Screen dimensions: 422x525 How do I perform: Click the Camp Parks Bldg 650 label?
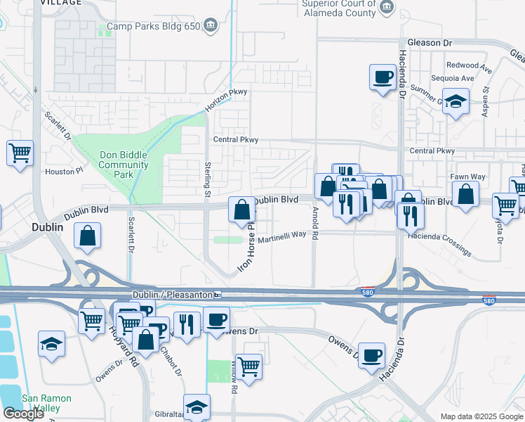coord(149,29)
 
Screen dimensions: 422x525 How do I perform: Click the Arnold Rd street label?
coord(314,223)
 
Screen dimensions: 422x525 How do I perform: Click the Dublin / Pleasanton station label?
coord(173,295)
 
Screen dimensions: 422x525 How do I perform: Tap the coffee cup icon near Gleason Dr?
coord(383,77)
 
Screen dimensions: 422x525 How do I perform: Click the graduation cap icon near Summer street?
coord(456,103)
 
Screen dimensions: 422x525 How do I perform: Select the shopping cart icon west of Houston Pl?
coord(20,153)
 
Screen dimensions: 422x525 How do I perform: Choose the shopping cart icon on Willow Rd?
coord(248,365)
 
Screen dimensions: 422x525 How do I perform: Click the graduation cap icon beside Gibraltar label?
coord(197,407)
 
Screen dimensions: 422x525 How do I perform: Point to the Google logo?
coord(23,414)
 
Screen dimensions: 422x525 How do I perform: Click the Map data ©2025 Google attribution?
coord(481,416)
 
